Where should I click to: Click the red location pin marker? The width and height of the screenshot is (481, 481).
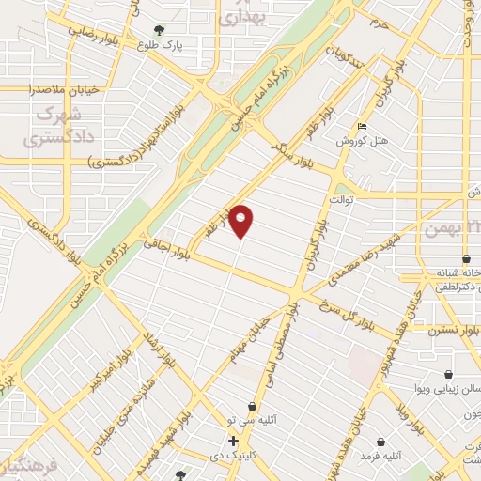point(242,221)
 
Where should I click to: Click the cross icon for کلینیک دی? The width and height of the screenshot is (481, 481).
point(233,441)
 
